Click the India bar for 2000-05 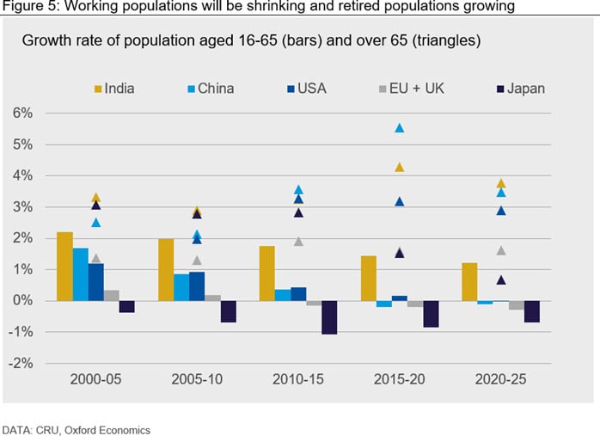[64, 267]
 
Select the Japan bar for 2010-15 [329, 316]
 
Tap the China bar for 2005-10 [181, 287]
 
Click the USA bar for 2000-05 [95, 282]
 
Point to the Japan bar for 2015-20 [431, 314]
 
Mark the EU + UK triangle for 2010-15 [297, 242]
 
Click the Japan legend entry [520, 88]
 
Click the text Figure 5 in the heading [27, 7]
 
